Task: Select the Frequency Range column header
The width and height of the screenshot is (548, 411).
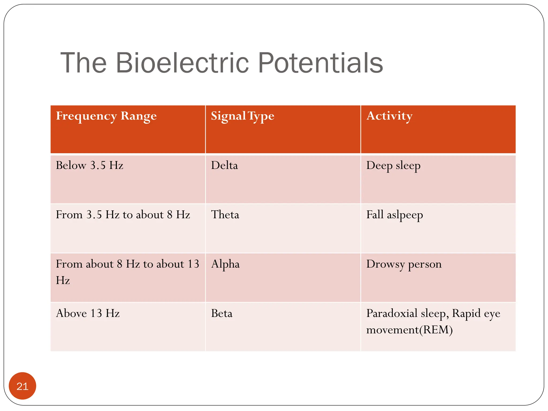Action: [x=106, y=116]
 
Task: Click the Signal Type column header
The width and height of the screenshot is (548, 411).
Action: [x=242, y=116]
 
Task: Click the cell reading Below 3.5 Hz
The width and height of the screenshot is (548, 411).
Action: [x=89, y=165]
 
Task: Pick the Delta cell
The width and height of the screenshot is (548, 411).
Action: [x=224, y=165]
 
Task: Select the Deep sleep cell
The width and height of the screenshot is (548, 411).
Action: [x=393, y=166]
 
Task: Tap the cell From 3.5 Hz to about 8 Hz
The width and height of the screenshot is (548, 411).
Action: [x=123, y=215]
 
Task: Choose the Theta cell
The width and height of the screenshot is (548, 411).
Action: [x=225, y=215]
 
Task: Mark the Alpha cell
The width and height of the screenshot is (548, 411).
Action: [x=225, y=264]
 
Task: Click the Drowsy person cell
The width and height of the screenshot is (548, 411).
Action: [x=404, y=264]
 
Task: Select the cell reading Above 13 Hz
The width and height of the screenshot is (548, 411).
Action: [x=87, y=314]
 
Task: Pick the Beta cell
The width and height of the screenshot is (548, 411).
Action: [x=222, y=314]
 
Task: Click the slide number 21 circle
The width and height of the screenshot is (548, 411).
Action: [x=22, y=386]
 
